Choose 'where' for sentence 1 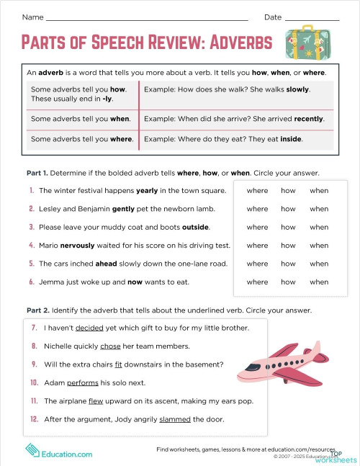pyautogui.click(x=257, y=191)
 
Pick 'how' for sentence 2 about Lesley pyautogui.click(x=288, y=209)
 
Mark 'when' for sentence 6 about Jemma pyautogui.click(x=319, y=282)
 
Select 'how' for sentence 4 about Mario pyautogui.click(x=288, y=246)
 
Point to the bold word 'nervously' pyautogui.click(x=89, y=246)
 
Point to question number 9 pyautogui.click(x=34, y=364)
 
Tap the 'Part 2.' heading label pyautogui.click(x=37, y=310)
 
